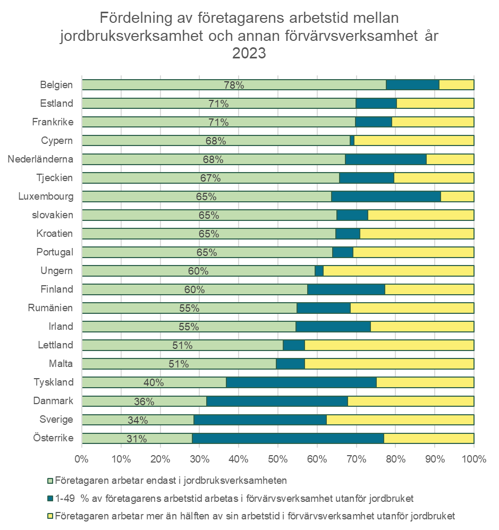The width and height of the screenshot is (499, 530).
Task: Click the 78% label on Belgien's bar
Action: pyautogui.click(x=234, y=85)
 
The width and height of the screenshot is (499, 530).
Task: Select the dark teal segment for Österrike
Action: pyautogui.click(x=288, y=439)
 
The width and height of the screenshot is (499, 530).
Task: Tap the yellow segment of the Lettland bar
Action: pyautogui.click(x=389, y=345)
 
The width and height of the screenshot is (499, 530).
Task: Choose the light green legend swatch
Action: pyautogui.click(x=50, y=481)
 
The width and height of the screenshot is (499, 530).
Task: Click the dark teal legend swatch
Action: pyautogui.click(x=50, y=498)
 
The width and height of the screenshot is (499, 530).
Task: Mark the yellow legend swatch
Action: pyautogui.click(x=50, y=516)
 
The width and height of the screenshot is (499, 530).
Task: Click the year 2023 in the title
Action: pyautogui.click(x=249, y=53)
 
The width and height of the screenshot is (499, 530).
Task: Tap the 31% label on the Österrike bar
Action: pyautogui.click(x=137, y=439)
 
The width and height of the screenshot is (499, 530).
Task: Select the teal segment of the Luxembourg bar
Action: pyautogui.click(x=386, y=196)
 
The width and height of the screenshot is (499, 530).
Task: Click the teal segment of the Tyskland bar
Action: pyautogui.click(x=301, y=382)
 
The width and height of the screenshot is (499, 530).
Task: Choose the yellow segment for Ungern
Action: pyautogui.click(x=399, y=271)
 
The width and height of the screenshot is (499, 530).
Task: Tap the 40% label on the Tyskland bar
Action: pyautogui.click(x=154, y=383)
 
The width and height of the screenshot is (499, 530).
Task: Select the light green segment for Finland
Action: pyautogui.click(x=194, y=289)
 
